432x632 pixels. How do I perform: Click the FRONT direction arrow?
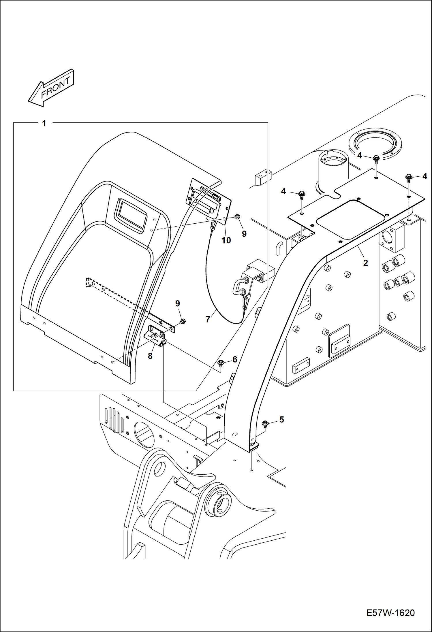pos(51,88)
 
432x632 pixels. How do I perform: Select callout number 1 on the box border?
pos(44,123)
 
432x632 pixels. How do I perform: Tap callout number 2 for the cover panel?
pos(365,263)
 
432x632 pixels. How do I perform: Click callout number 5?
pos(281,420)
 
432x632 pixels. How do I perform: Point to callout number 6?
pos(235,359)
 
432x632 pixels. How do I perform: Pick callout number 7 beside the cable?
pos(208,319)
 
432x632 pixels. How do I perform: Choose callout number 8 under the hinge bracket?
pos(150,356)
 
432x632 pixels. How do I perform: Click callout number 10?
pos(226,240)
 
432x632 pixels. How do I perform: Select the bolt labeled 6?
pos(221,363)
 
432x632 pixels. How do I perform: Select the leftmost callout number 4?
pos(283,191)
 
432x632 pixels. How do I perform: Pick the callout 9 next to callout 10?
pos(244,234)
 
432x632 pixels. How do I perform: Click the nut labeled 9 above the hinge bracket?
pos(182,321)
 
